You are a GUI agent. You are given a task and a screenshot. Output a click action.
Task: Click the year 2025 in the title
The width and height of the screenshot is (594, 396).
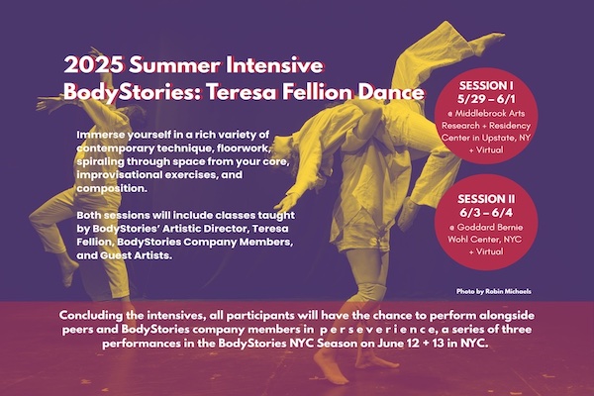[94, 65]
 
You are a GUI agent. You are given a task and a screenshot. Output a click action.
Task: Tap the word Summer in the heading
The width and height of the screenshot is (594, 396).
[174, 65]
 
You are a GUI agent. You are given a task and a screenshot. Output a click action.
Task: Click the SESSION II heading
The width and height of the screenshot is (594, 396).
[486, 199]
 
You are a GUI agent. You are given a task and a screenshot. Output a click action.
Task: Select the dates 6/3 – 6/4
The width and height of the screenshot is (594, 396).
[486, 213]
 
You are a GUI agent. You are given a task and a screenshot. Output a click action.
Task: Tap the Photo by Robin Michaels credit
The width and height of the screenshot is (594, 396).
[493, 291]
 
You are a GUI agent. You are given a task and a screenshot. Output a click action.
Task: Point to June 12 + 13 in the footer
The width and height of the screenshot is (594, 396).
[413, 344]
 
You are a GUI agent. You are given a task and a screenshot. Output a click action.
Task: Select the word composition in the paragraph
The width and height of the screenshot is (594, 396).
[112, 188]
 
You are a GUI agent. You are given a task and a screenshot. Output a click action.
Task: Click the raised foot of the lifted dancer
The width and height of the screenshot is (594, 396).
[491, 38]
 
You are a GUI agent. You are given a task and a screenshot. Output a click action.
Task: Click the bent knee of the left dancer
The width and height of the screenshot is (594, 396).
[38, 216]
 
